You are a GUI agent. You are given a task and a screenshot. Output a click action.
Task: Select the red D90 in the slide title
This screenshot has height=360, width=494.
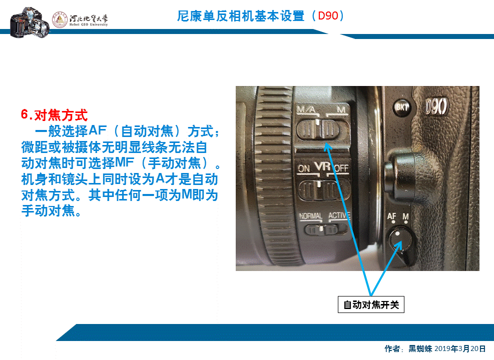pos(328,15)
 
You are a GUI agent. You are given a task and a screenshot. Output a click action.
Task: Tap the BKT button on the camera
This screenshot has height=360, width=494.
pos(402,106)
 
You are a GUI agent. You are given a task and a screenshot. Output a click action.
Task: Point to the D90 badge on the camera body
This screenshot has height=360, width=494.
pos(436,106)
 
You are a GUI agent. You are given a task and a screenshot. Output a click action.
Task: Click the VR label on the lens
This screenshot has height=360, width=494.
pos(323,166)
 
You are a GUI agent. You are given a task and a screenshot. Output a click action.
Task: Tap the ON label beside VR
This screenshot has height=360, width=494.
pos(304,168)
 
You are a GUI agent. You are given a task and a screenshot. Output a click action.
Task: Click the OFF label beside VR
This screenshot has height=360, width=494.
pos(341,168)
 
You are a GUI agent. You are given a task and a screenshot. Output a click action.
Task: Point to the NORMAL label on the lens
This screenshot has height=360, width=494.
pos(310,216)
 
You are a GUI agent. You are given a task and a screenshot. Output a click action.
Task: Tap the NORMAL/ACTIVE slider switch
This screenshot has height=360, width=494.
pos(323,230)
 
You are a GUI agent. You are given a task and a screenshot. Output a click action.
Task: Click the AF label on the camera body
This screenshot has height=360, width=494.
pos(392,217)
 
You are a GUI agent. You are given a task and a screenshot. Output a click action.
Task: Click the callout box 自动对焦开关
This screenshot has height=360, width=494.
pos(371,304)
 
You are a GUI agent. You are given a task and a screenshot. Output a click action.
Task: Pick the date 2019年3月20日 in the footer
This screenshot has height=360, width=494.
pos(460,348)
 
